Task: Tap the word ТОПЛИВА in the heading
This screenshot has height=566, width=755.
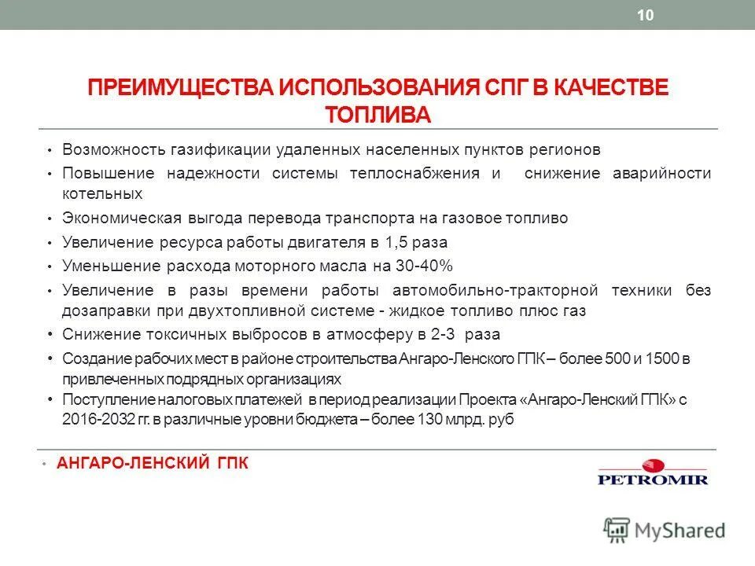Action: click(378, 114)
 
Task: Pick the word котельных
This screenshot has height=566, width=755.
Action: click(102, 193)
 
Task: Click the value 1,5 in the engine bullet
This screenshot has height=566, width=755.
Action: click(396, 242)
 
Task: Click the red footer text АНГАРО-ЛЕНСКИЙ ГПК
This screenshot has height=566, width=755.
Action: click(153, 464)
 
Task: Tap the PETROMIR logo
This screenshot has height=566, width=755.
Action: click(652, 472)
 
